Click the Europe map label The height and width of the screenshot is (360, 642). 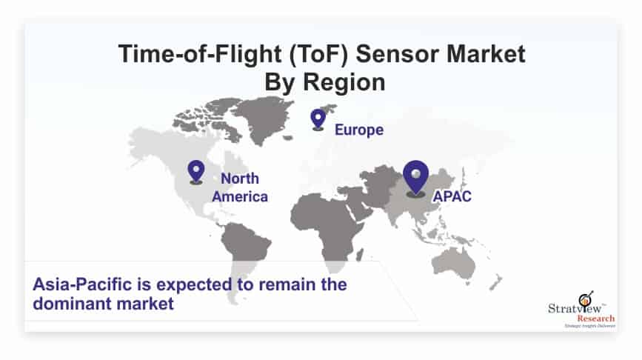(x=359, y=130)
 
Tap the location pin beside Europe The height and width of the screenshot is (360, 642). (x=318, y=119)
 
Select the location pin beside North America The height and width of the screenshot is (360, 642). (x=196, y=172)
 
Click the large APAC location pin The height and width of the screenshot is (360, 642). (x=415, y=179)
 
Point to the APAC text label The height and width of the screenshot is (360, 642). (x=452, y=196)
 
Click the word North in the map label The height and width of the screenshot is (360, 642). (x=240, y=179)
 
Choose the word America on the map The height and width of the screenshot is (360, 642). (x=240, y=196)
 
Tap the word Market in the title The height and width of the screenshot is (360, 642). (x=486, y=53)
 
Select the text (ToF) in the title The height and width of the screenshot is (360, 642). (x=319, y=54)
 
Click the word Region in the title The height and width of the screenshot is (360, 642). (x=344, y=83)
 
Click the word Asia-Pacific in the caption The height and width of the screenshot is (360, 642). (x=82, y=284)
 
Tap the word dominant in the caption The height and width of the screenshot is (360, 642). (x=72, y=304)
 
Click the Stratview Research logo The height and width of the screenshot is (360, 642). (x=581, y=310)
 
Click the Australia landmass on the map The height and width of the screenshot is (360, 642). (x=454, y=262)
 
